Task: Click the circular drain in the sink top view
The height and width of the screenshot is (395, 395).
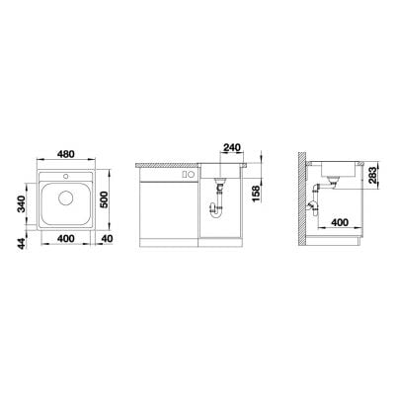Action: click(66, 197)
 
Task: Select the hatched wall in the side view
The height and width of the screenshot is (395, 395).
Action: click(301, 197)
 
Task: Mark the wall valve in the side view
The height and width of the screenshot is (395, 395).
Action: click(313, 204)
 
